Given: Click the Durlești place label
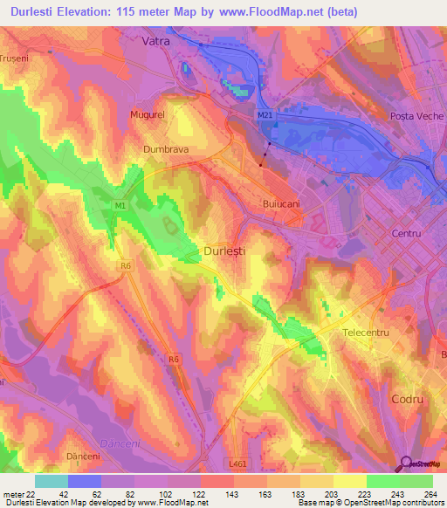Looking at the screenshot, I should tap(230, 250).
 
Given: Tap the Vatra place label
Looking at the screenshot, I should tap(158, 40).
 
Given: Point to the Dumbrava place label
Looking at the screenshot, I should tap(166, 149).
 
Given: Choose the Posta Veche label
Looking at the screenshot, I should tap(416, 116).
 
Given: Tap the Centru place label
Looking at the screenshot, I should tap(406, 234).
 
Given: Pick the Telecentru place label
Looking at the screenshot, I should tap(365, 333).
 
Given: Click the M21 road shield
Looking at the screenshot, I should tap(265, 114).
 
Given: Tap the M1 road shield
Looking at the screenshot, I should tap(120, 205).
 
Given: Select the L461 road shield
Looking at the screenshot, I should tap(238, 463).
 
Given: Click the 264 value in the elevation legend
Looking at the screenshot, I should tap(430, 494).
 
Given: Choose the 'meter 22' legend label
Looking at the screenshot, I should tap(18, 494).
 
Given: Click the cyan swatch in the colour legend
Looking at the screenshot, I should tap(52, 481).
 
